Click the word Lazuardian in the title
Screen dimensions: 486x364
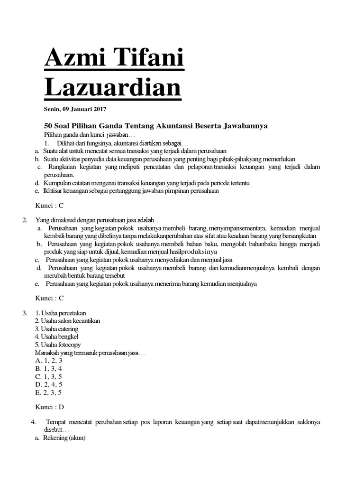(x=112, y=87)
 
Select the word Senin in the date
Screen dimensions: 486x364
(x=51, y=110)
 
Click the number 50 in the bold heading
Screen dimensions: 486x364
(x=48, y=126)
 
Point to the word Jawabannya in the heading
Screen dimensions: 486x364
(x=246, y=126)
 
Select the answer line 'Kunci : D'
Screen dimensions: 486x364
(x=50, y=407)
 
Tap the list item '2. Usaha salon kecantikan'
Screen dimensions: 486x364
(x=67, y=321)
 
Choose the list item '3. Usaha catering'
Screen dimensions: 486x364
(x=56, y=329)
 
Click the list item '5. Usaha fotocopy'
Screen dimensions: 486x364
(x=58, y=345)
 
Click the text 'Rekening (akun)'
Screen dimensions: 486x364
(x=64, y=438)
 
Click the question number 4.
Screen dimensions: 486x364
(x=33, y=422)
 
